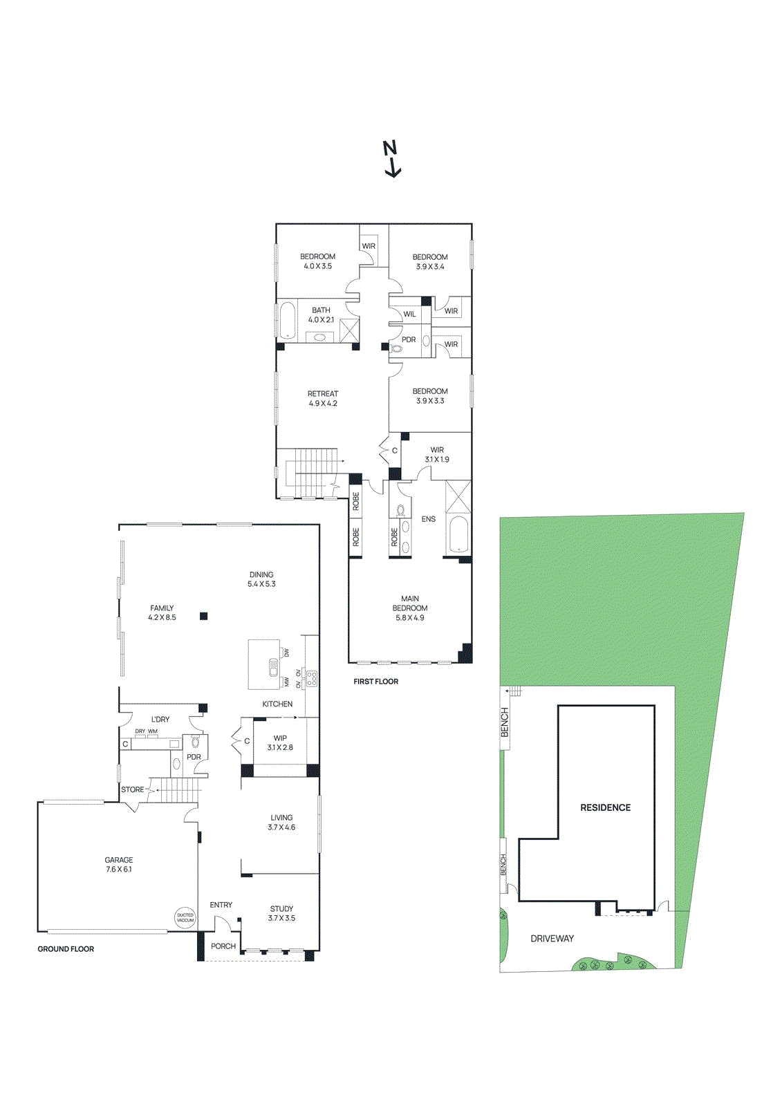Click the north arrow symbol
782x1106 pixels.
point(392,159)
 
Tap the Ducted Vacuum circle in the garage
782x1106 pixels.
point(185,917)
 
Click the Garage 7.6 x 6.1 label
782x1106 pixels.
point(119,865)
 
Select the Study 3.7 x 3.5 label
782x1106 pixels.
point(281,913)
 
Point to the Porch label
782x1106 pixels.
point(223,946)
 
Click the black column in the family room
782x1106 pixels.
point(203,616)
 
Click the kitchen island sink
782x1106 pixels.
point(274,668)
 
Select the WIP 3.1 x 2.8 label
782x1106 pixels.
point(280,742)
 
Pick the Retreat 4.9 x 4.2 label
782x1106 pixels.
point(323,398)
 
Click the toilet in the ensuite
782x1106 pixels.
point(400,510)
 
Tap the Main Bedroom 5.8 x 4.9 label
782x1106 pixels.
point(410,608)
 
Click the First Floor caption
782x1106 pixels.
point(375,682)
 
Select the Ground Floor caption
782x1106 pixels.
point(66,949)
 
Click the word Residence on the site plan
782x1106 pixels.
point(605,807)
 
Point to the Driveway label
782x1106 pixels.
point(552,939)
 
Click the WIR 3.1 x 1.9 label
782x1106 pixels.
point(437,454)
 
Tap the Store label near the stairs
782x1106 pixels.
point(132,789)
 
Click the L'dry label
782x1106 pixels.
point(160,720)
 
